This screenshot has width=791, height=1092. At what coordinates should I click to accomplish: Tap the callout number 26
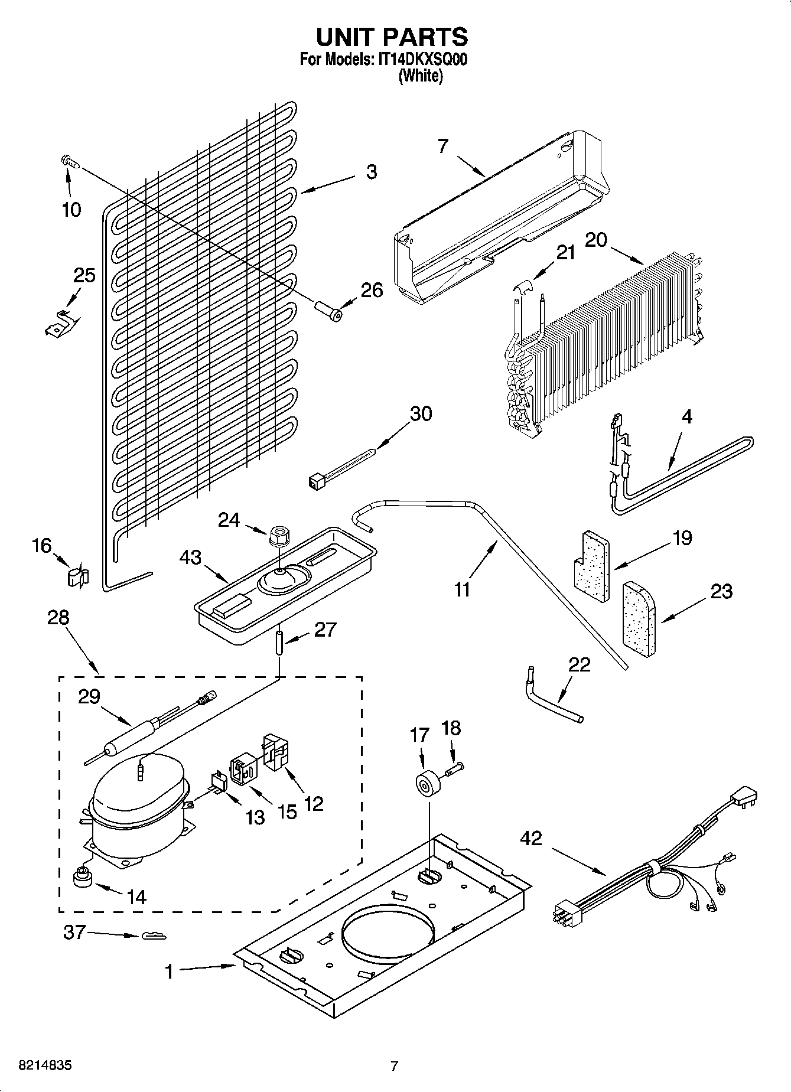coord(372,290)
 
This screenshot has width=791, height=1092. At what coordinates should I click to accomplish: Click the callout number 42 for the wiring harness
coord(531,838)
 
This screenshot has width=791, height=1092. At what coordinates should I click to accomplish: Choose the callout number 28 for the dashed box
coord(58,618)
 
